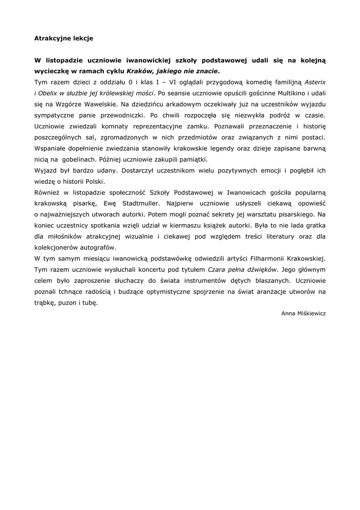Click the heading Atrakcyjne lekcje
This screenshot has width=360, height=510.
click(x=64, y=37)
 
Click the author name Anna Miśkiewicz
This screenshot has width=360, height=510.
click(x=303, y=313)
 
